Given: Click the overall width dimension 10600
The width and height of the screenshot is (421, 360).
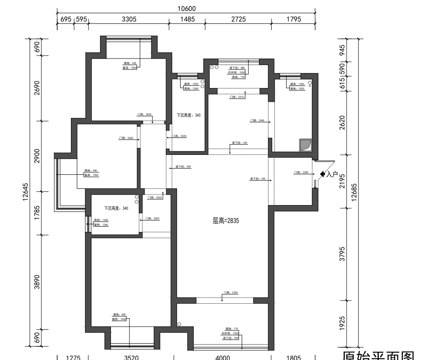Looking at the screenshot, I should tap(186, 8).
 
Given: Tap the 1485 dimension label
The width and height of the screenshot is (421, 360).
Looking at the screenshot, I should tap(187, 19).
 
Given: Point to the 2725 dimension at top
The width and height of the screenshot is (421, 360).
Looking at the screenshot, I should tap(238, 19).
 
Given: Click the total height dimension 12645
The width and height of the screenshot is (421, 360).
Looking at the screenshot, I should tap(26, 192).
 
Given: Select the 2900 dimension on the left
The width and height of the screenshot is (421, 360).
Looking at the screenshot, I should tap(37, 156).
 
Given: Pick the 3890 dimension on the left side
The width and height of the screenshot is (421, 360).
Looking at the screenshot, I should tap(37, 282).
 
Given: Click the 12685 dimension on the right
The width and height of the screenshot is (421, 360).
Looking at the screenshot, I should tap(355, 192).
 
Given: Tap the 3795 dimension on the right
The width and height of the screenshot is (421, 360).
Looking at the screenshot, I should tap(343, 254).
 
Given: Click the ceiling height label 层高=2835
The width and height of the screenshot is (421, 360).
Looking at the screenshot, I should tap(225, 221).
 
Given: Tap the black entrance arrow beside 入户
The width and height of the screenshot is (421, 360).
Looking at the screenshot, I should tap(322, 175).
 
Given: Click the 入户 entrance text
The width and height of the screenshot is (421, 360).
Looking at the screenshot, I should tap(332, 175).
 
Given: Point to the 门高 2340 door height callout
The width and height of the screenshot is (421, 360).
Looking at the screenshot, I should tap(230, 292).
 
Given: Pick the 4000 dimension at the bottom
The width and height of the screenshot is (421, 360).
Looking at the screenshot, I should tap(222, 357).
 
